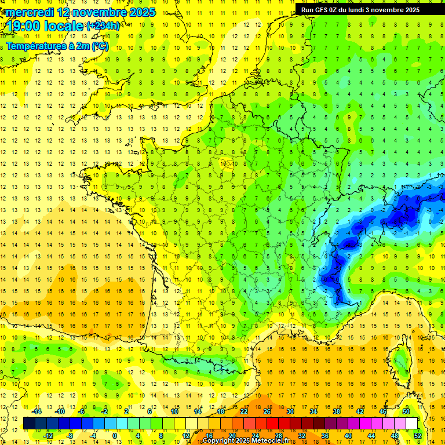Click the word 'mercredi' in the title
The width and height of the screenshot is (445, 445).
[30, 12]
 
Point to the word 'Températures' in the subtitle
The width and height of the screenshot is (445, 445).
[38, 46]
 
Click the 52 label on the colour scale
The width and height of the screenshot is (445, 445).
[418, 436]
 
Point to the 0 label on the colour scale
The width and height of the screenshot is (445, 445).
[115, 436]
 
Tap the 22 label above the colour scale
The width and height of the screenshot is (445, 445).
[244, 411]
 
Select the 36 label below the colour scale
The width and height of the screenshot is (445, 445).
[325, 436]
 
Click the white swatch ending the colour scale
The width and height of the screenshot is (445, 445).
[411, 424]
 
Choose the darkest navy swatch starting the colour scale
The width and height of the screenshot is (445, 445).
[29, 424]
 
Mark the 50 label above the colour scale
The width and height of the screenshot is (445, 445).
[406, 411]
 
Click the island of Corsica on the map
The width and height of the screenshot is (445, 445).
[400, 362]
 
